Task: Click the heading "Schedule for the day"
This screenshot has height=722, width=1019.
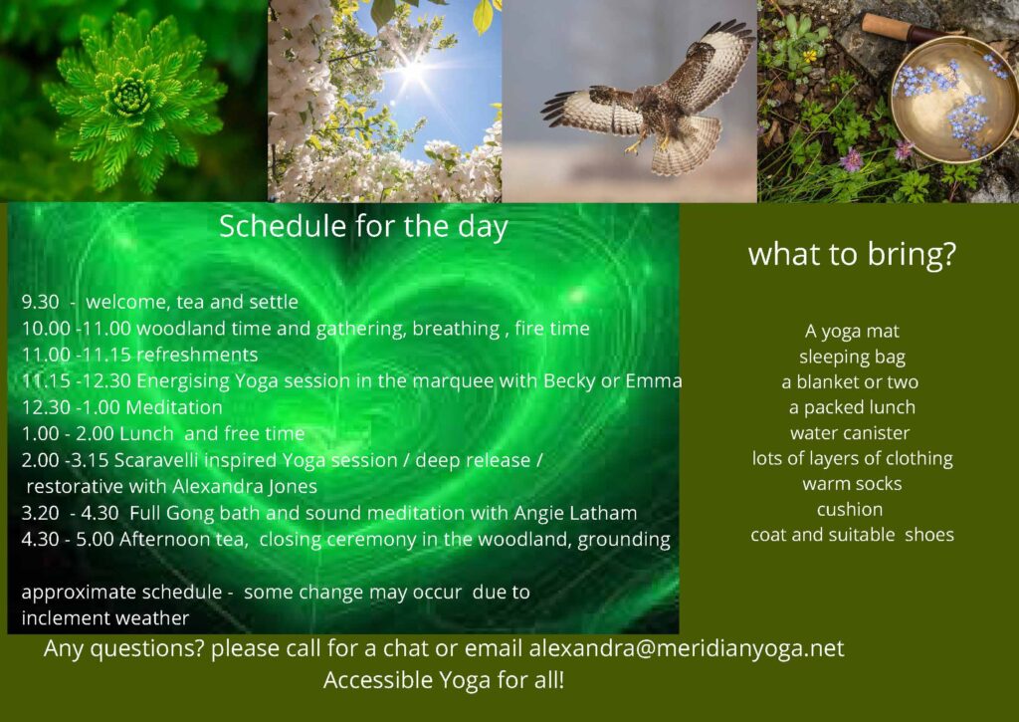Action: (x=363, y=227)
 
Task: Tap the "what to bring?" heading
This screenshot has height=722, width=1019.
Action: (x=852, y=254)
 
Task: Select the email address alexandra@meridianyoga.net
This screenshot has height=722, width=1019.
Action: (x=687, y=648)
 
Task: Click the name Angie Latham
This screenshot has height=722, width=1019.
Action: (x=575, y=513)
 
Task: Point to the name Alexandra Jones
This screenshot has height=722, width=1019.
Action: (x=245, y=487)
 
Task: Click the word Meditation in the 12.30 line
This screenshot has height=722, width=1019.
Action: (x=174, y=407)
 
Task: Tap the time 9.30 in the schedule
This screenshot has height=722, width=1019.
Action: (x=40, y=302)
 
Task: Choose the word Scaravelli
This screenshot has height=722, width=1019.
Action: (x=156, y=460)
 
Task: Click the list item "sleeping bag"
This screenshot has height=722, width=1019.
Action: (x=852, y=358)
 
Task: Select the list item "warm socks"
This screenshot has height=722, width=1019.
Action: (x=852, y=484)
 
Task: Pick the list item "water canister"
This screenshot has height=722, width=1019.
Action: (x=850, y=433)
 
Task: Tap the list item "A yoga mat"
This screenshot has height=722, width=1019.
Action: (x=852, y=332)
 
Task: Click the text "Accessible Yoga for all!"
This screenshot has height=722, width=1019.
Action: (x=444, y=680)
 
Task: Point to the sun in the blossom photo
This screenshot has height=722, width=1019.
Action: (x=413, y=71)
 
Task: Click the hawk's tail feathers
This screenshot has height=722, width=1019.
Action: (x=687, y=147)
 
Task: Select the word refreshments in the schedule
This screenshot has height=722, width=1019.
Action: (x=198, y=355)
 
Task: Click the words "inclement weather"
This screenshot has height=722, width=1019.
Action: (x=105, y=617)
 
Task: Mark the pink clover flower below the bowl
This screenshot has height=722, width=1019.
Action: (x=851, y=159)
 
